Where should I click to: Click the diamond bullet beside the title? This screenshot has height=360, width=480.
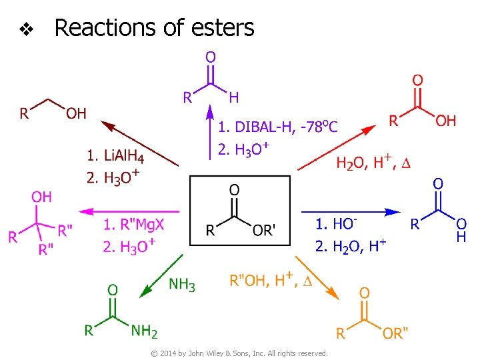(26, 29)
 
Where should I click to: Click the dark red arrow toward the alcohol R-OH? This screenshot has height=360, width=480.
(139, 143)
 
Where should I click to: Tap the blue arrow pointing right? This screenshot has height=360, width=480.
(347, 212)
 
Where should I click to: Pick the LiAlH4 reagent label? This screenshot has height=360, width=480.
(115, 157)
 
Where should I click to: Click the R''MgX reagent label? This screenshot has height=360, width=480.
(134, 225)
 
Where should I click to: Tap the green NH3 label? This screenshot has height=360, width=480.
(182, 285)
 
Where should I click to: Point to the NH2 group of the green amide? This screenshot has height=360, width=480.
(145, 330)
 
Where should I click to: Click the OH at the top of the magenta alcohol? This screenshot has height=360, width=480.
(41, 197)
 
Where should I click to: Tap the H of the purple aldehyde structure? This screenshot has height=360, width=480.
(233, 98)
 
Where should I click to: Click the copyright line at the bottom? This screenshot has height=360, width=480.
(240, 353)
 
